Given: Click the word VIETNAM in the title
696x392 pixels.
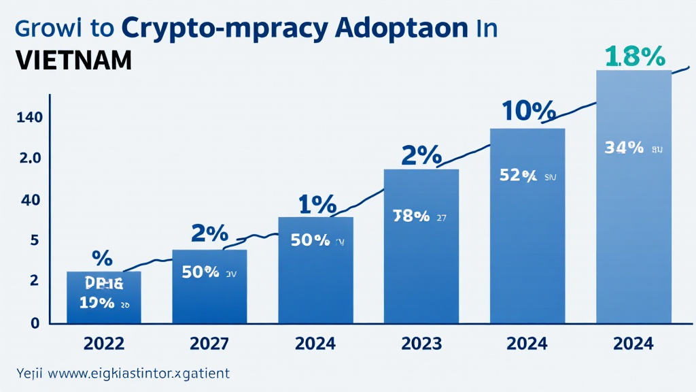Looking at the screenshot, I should [x=65, y=61].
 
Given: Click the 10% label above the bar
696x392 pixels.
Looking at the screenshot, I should [x=528, y=110].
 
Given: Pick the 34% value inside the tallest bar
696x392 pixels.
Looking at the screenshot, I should [x=623, y=147].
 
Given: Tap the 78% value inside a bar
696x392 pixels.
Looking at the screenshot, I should [x=411, y=216].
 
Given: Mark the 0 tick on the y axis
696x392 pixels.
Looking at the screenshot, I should [x=34, y=323].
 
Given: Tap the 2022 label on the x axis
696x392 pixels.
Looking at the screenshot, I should [x=104, y=344].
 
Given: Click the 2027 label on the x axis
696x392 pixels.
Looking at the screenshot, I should [x=210, y=344].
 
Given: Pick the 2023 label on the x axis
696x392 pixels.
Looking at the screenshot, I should [x=421, y=344].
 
